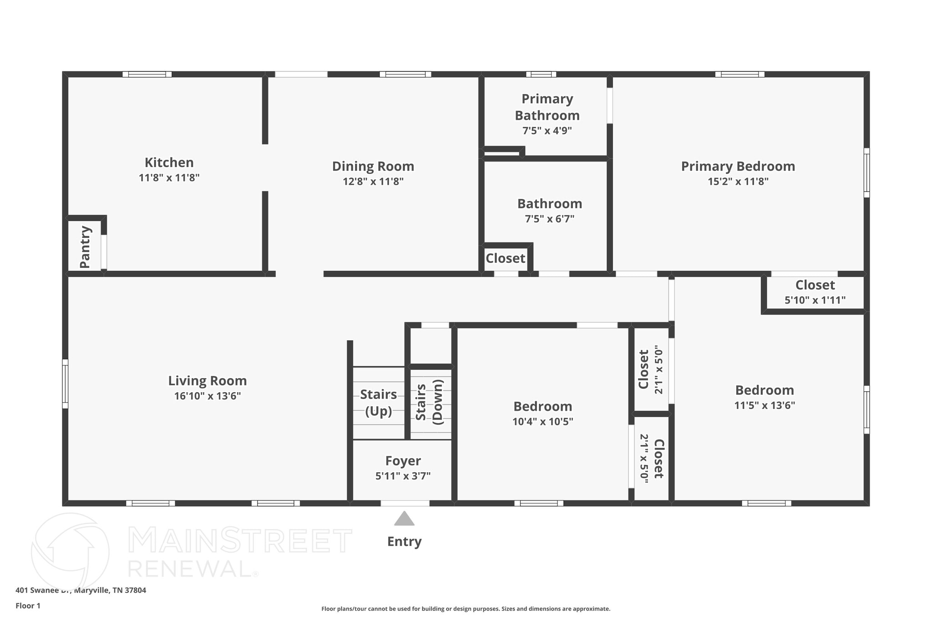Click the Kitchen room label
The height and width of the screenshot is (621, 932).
pyautogui.click(x=169, y=162)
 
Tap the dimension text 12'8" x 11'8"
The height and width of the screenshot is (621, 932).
pyautogui.click(x=373, y=182)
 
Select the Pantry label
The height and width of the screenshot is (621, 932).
pyautogui.click(x=85, y=247)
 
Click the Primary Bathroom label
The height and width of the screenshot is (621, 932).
pyautogui.click(x=547, y=107)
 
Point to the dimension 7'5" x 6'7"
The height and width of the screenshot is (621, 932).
pyautogui.click(x=549, y=219)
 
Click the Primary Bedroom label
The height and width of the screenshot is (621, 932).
pyautogui.click(x=738, y=166)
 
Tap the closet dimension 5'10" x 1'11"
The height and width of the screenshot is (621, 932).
pyautogui.click(x=815, y=300)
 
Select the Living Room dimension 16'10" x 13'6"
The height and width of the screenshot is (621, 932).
pyautogui.click(x=207, y=396)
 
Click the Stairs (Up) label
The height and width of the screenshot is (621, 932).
pyautogui.click(x=378, y=403)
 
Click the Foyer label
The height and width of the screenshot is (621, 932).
pyautogui.click(x=403, y=461)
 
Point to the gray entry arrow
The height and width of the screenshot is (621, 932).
pyautogui.click(x=404, y=519)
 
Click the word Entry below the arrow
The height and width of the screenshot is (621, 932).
pyautogui.click(x=404, y=541)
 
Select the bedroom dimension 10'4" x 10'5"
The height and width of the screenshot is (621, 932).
pyautogui.click(x=542, y=422)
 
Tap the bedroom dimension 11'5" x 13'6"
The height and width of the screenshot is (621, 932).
pyautogui.click(x=764, y=405)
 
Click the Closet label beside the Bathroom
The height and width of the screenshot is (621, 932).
pyautogui.click(x=505, y=258)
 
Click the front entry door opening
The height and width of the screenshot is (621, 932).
pyautogui.click(x=405, y=503)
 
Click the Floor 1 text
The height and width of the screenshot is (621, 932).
pyautogui.click(x=28, y=606)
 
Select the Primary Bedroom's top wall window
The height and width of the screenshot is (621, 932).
pyautogui.click(x=740, y=74)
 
